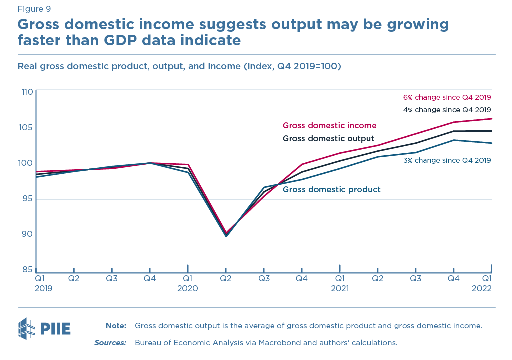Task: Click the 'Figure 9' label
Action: [34, 9]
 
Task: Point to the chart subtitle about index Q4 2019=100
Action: [179, 66]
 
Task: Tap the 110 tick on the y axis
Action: [27, 92]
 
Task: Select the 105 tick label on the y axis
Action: [27, 127]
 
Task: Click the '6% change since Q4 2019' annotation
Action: [447, 97]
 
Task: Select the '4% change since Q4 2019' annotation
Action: [447, 110]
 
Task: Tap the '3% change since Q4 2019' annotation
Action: [447, 160]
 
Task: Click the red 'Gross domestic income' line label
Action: [329, 126]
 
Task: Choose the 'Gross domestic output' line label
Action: [328, 138]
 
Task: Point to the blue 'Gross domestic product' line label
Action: [332, 190]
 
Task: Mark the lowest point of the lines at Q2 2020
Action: [226, 235]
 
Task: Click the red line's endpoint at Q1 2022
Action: [492, 119]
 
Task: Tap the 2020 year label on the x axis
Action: [188, 288]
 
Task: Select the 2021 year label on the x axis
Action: [340, 288]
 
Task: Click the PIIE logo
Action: [44, 328]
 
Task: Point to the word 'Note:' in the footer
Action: [116, 326]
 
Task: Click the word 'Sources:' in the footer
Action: [110, 343]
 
